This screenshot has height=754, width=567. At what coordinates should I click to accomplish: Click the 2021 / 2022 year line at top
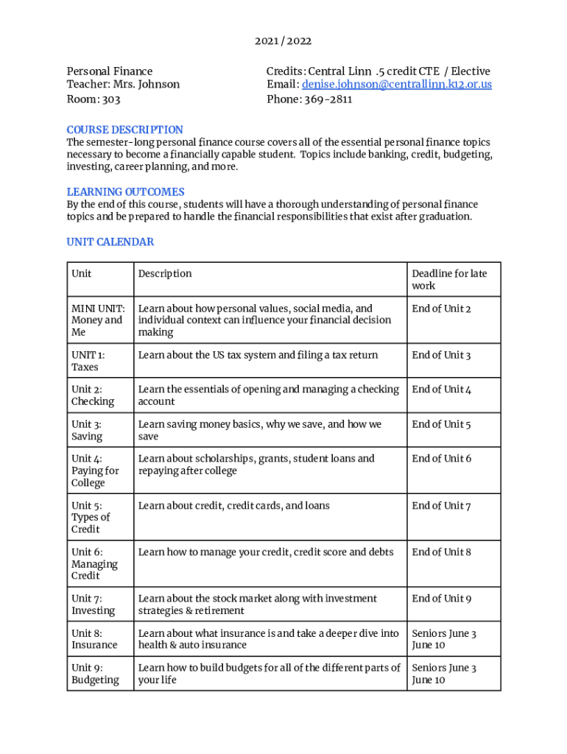283,41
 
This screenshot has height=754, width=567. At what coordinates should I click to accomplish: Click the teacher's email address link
397,85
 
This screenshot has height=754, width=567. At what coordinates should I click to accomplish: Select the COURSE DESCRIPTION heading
125,130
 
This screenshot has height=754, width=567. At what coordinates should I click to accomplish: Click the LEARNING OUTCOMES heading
126,192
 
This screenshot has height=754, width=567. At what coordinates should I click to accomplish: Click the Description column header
165,274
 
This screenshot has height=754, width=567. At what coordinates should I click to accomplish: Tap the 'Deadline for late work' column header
449,280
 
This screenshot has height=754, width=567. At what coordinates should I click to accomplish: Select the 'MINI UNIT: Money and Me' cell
97,320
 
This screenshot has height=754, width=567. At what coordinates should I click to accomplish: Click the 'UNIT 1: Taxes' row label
88,361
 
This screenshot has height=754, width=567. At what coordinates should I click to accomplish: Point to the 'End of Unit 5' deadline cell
441,424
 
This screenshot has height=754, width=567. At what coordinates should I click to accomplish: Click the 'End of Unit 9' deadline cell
441,599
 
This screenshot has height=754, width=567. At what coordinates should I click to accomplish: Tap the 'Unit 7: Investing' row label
93,605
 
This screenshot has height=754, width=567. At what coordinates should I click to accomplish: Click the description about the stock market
257,605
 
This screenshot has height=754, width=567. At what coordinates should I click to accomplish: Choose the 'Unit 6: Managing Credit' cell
94,563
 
